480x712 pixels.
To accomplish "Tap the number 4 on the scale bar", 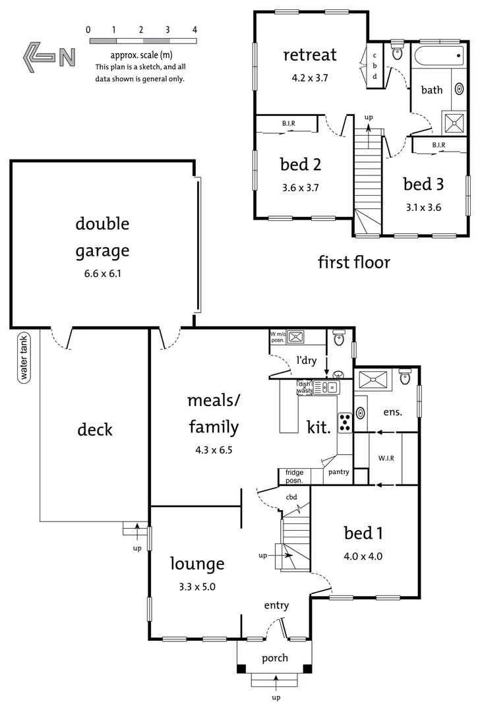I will pos(195,30).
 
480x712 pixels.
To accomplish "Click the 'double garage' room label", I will pos(102,237).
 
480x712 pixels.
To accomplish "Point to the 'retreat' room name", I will pos(310,55).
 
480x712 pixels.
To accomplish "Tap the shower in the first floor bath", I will pos(453,122).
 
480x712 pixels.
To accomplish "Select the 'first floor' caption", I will pos(354,262).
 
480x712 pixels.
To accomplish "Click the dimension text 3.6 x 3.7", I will pos(300,187).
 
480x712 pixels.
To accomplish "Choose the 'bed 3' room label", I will pos(423,184).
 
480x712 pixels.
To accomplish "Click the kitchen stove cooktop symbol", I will pos(345,422).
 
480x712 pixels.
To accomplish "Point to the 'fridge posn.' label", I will pos(295,476).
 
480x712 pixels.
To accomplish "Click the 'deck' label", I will pos(95,430).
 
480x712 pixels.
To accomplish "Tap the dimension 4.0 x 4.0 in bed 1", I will pos(363,556).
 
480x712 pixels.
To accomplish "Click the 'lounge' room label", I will pos(197,564).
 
